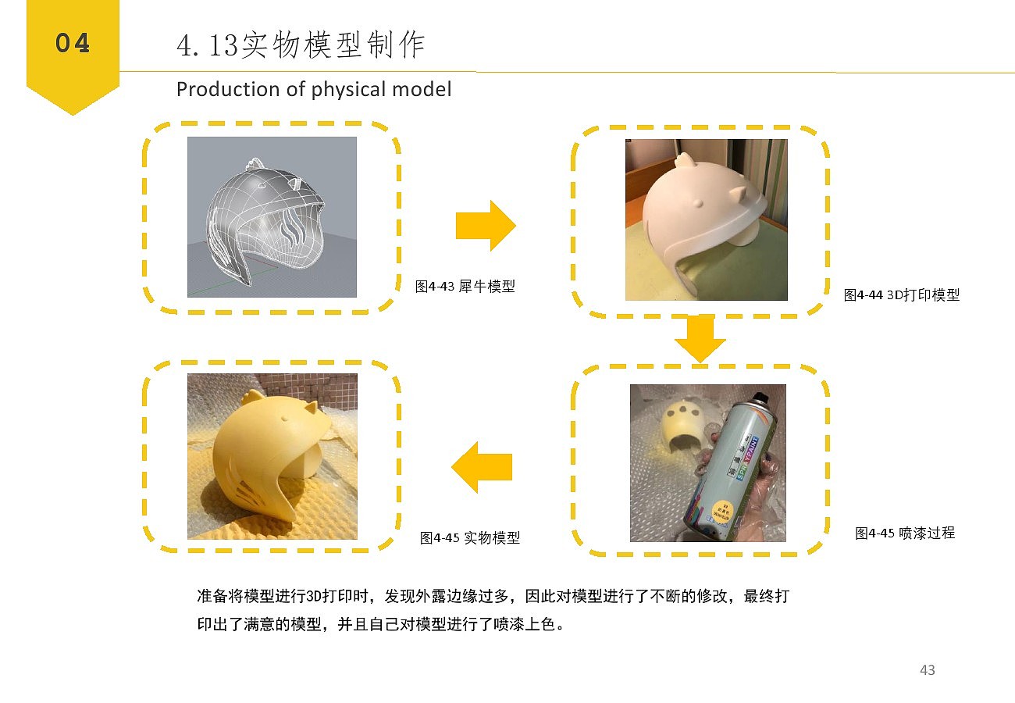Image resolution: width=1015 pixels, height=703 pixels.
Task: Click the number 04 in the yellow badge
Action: point(73,43)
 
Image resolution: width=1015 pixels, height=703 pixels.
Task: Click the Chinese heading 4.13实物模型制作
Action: point(301,45)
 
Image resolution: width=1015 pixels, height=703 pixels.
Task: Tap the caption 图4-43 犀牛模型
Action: point(465,286)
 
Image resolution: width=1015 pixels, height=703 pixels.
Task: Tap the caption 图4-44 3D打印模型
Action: point(901,295)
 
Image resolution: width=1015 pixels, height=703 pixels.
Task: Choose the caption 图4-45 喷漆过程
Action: point(905,533)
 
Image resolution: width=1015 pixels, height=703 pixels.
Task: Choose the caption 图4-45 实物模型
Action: point(470,537)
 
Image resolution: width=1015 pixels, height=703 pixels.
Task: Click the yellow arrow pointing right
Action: point(486,225)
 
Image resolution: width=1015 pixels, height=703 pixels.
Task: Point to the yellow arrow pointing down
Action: point(700,339)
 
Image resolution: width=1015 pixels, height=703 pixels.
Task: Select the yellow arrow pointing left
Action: point(482,467)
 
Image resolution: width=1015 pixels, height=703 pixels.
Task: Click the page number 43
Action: point(928,670)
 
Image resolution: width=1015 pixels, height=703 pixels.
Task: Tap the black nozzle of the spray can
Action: point(760,398)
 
